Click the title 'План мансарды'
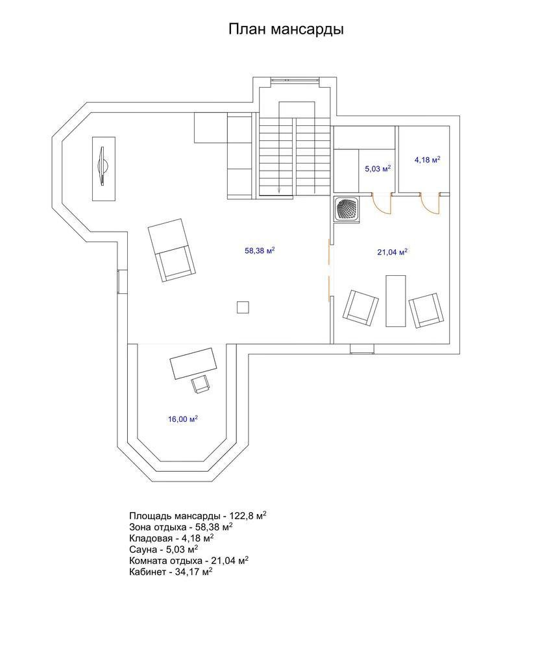tap(286, 30)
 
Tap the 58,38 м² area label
tap(260, 251)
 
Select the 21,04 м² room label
tap(393, 252)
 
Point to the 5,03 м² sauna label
tap(378, 169)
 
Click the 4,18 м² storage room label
tap(427, 160)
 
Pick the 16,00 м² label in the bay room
tap(183, 419)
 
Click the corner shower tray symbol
tap(347, 210)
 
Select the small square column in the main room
tap(243, 307)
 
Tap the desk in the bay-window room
tap(193, 363)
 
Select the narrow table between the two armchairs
tap(396, 301)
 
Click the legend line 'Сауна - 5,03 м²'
tap(164, 549)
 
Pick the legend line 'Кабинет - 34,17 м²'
tap(171, 572)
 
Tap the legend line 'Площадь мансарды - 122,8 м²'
tap(197, 516)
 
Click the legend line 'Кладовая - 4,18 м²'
tap(171, 538)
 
